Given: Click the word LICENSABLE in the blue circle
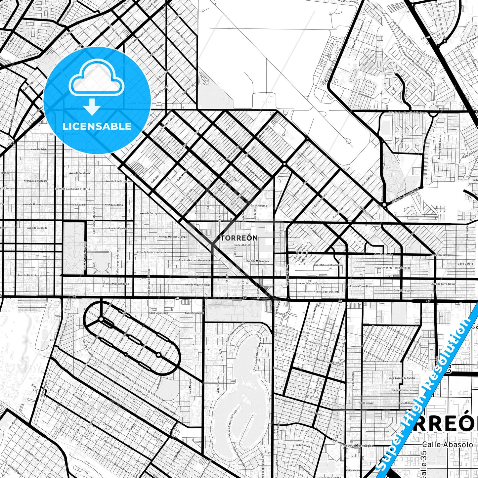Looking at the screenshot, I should click(97, 126).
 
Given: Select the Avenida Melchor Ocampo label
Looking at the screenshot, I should click(173, 237).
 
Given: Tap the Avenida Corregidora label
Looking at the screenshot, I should click(152, 213).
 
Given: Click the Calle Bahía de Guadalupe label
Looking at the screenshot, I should click(328, 265).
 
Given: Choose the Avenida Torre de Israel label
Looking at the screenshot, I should click(396, 268).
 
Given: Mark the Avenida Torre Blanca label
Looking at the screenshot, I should click(362, 286).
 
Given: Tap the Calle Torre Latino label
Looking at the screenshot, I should click(403, 290).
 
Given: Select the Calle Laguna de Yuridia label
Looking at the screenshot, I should click(402, 378).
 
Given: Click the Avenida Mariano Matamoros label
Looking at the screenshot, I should click(195, 261).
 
